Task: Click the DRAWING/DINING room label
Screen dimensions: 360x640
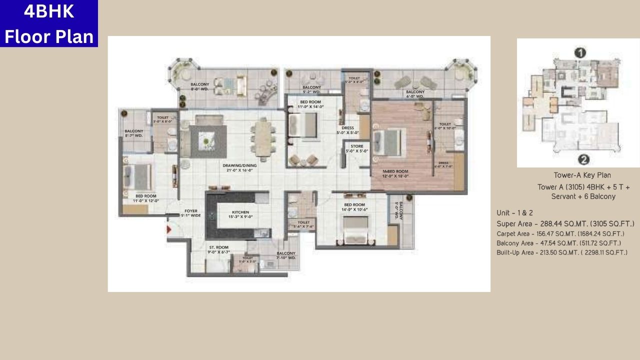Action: click(x=239, y=167)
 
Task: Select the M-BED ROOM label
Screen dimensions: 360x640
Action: click(x=395, y=173)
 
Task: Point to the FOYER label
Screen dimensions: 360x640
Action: click(x=190, y=213)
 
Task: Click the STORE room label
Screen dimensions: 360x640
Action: click(x=357, y=148)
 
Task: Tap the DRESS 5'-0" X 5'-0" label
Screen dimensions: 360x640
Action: click(x=347, y=130)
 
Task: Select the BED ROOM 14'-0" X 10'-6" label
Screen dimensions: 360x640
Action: click(x=355, y=207)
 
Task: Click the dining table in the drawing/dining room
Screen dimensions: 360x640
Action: click(x=262, y=137)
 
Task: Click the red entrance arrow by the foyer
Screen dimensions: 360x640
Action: click(x=169, y=229)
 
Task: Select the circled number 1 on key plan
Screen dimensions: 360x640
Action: click(x=580, y=52)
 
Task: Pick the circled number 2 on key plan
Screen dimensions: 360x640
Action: click(x=583, y=159)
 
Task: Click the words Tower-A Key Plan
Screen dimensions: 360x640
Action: click(x=582, y=175)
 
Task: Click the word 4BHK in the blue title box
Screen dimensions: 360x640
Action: click(x=48, y=11)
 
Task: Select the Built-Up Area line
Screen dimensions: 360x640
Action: click(x=561, y=252)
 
